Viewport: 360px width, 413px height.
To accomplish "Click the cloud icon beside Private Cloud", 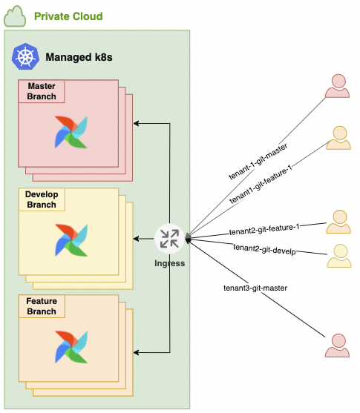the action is click(x=15, y=16).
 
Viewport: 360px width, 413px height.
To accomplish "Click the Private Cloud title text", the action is click(x=68, y=16).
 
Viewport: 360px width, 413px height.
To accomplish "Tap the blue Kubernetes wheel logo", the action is click(x=25, y=56).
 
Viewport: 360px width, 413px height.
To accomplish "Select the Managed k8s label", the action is click(x=79, y=57).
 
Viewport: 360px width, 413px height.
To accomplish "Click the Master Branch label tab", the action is click(x=42, y=91).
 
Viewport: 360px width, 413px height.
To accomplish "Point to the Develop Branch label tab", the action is click(x=42, y=199).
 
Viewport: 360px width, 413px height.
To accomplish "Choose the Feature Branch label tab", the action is click(x=42, y=306).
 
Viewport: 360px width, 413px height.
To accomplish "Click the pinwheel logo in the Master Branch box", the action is click(x=71, y=132).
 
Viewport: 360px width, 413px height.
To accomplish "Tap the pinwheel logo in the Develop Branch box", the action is click(x=71, y=240).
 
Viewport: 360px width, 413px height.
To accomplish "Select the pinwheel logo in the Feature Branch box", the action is click(x=71, y=347).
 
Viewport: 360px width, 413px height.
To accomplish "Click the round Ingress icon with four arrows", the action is click(x=169, y=239).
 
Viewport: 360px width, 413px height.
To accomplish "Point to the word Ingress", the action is click(x=169, y=263).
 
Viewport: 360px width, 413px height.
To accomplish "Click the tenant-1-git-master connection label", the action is click(x=258, y=162).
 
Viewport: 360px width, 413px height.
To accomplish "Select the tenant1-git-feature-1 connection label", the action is click(x=261, y=184).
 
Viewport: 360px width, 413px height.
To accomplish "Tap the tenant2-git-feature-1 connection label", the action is click(x=264, y=229).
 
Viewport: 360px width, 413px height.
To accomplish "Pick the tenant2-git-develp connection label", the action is click(x=264, y=249).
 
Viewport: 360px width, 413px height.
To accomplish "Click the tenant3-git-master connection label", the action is click(x=255, y=288).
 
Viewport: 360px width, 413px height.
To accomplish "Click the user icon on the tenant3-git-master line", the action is click(x=337, y=346).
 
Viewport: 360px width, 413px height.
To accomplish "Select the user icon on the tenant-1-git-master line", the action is click(x=337, y=86).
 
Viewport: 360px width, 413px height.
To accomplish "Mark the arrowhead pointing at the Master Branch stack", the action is click(x=137, y=123).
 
